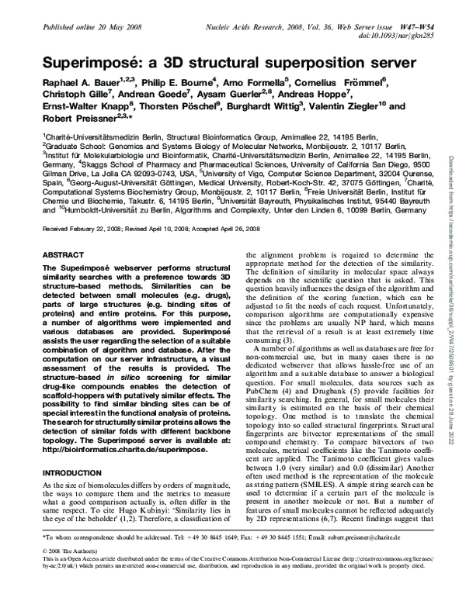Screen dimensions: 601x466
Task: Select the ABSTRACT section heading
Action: [62, 253]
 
